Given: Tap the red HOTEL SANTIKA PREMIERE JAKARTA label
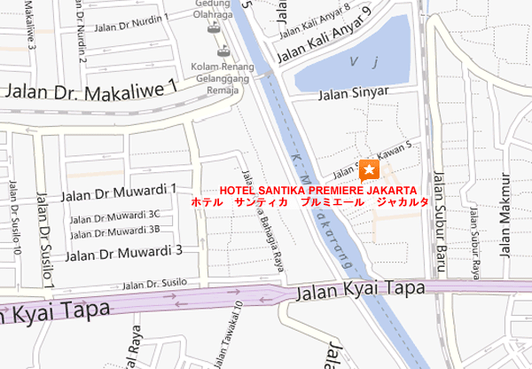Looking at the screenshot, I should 318,190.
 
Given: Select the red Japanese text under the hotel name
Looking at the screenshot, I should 311,202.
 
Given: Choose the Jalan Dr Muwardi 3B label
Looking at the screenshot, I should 115,232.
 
